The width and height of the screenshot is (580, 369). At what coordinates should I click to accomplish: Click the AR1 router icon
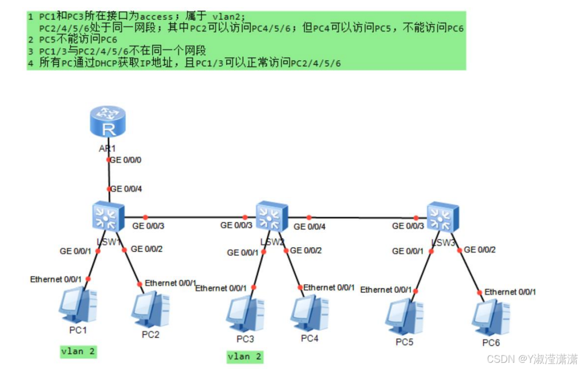tap(108, 123)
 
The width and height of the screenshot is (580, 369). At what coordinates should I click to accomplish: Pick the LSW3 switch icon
tap(442, 217)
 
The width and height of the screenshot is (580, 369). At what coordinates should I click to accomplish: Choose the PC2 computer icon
tap(150, 309)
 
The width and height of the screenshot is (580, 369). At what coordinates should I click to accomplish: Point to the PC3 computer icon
tap(245, 313)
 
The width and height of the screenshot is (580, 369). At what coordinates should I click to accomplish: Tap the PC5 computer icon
tap(404, 316)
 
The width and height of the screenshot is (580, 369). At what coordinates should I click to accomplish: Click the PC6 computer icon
tap(490, 317)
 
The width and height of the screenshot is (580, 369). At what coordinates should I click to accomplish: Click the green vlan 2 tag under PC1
tap(79, 352)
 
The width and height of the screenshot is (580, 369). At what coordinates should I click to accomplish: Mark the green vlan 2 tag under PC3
tap(245, 357)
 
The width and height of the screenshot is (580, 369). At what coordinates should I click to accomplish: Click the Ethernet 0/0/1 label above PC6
tap(510, 292)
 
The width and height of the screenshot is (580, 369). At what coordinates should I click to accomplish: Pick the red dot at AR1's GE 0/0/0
tap(109, 160)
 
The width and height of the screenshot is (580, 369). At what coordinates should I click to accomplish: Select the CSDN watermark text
tap(532, 358)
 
